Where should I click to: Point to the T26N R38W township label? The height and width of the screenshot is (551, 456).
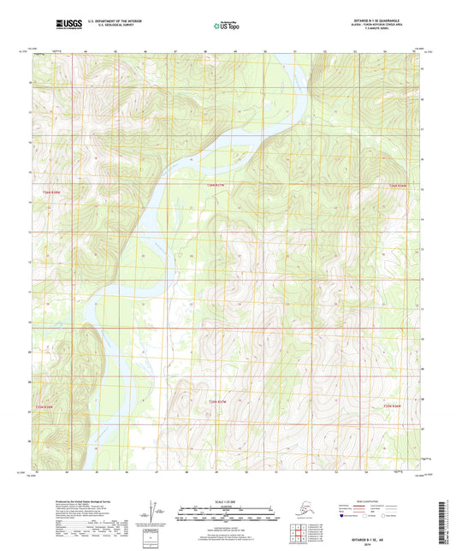click(52, 193)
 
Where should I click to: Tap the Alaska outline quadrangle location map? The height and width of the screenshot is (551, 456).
click(305, 513)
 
